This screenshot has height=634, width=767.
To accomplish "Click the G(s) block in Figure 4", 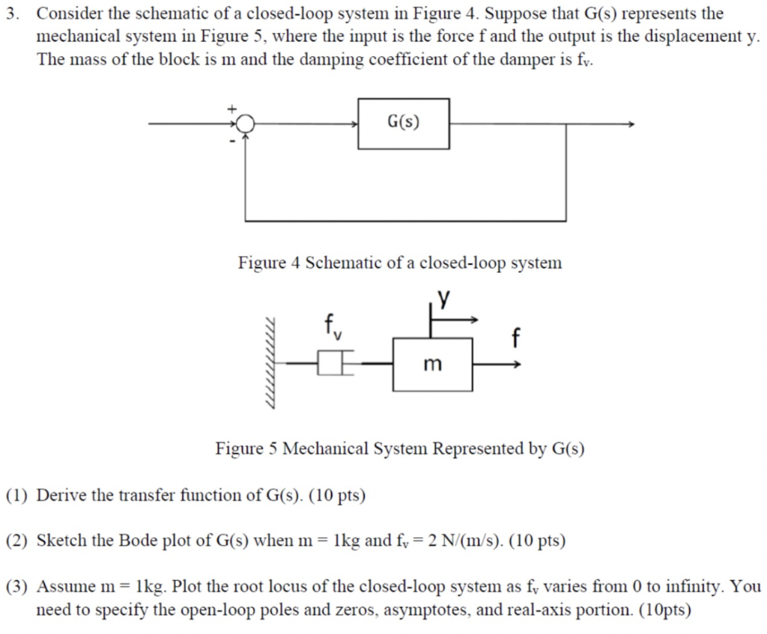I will click(x=404, y=124).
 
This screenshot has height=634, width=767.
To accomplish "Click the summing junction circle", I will click(x=246, y=124).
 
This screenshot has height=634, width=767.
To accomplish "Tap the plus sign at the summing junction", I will click(x=232, y=109).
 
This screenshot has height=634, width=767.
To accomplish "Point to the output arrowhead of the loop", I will click(x=631, y=124).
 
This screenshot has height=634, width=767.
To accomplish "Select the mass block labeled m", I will click(x=432, y=365).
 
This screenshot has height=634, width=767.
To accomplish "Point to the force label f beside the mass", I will click(x=514, y=338).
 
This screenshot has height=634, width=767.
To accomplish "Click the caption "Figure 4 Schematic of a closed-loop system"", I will click(x=399, y=263).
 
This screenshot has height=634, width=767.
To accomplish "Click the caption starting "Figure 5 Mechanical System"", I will click(x=399, y=449).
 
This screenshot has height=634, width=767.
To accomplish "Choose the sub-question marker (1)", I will click(x=16, y=496).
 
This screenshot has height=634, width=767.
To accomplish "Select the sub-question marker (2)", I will click(x=16, y=540).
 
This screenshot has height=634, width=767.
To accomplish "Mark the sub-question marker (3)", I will click(x=16, y=586).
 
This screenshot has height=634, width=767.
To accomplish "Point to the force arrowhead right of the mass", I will click(x=517, y=365).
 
